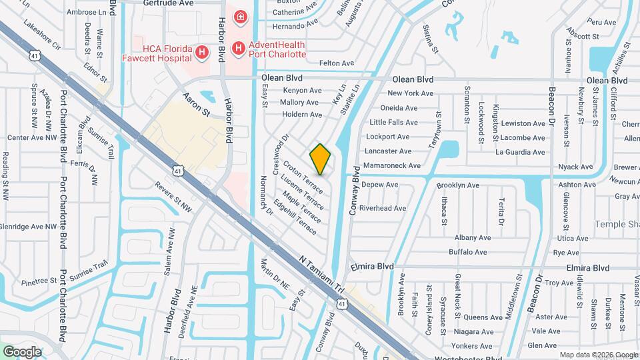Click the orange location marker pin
(321, 159)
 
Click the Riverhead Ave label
(383, 208)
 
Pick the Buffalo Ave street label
(468, 252)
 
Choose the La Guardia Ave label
(520, 152)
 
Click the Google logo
(23, 351)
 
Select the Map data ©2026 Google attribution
(599, 355)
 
